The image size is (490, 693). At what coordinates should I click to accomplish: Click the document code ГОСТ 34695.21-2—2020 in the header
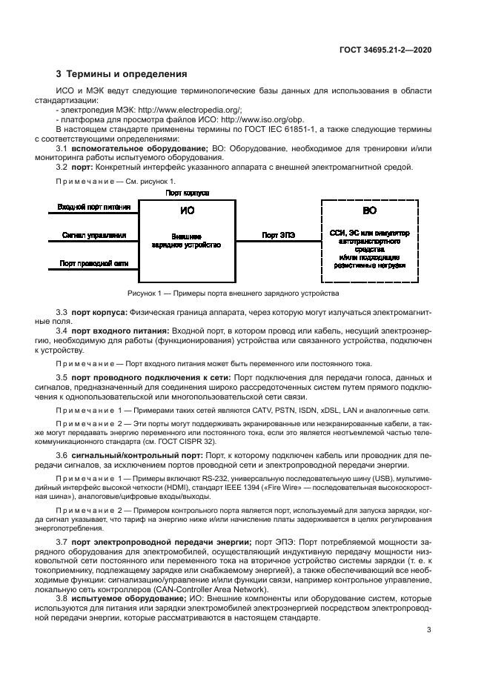(x=385, y=50)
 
